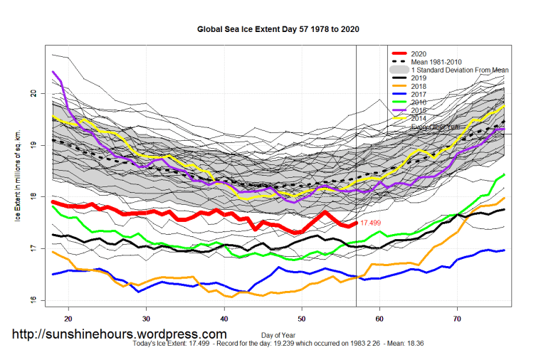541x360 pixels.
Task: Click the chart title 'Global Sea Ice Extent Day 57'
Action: click(278, 30)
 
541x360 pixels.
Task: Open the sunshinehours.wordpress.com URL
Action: click(120, 334)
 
